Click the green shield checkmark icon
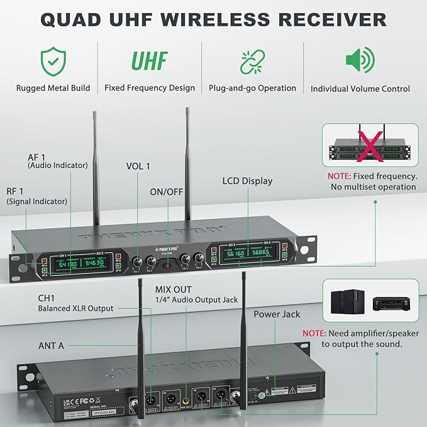pyautogui.click(x=53, y=60)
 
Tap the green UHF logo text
pyautogui.click(x=149, y=61)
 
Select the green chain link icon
pyautogui.click(x=252, y=60)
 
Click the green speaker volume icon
pyautogui.click(x=360, y=60)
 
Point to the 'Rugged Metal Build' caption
pyautogui.click(x=53, y=88)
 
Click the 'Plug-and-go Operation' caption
pyautogui.click(x=252, y=88)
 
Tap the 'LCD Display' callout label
pyautogui.click(x=247, y=181)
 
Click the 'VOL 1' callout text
pyautogui.click(x=137, y=167)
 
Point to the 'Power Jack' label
pyautogui.click(x=277, y=314)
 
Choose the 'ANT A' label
pyautogui.click(x=50, y=344)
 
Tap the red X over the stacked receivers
pyautogui.click(x=363, y=146)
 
